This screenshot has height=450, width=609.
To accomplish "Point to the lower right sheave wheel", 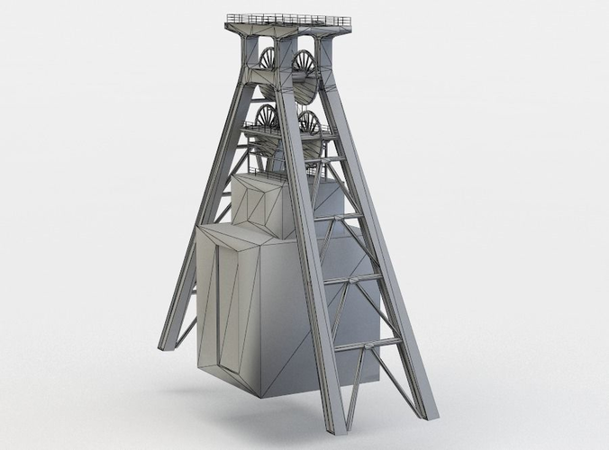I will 309,124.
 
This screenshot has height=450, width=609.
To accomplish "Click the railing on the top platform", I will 288,18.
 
